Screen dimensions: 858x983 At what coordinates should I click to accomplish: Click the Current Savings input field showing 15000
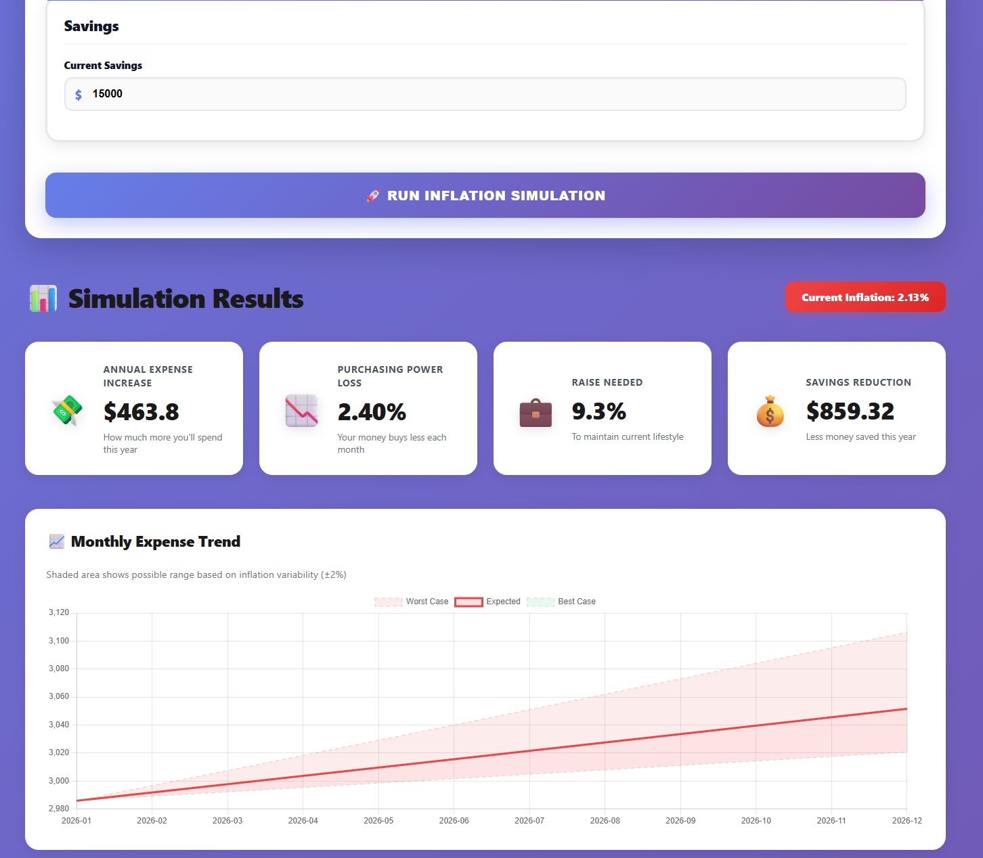point(485,94)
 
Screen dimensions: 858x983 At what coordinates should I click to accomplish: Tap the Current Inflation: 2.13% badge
point(865,297)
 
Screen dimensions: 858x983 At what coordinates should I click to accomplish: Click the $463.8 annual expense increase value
point(141,411)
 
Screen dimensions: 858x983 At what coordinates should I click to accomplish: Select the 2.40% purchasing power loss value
point(372,411)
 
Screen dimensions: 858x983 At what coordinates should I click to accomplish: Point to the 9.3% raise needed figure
point(598,411)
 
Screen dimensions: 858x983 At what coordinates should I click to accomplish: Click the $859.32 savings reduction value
point(850,411)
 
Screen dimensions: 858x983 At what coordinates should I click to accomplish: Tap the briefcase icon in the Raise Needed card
point(536,413)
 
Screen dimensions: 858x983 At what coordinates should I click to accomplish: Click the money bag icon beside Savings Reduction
point(770,411)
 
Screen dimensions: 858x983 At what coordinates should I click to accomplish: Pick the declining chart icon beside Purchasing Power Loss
point(301,411)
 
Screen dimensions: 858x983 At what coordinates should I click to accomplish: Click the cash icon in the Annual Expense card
point(67,411)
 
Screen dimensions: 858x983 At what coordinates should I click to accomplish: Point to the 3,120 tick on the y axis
point(59,612)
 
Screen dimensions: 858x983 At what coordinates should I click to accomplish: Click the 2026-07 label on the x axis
point(529,821)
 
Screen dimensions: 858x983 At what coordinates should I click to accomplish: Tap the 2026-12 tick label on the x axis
point(906,821)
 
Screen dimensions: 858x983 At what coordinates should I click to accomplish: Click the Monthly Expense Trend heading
point(155,541)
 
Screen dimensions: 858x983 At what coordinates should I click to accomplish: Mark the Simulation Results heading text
point(185,298)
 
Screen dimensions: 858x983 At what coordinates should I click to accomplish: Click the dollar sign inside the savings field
point(79,95)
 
